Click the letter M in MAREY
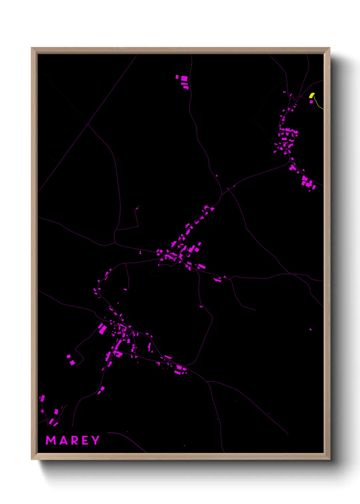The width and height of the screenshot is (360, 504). pyautogui.click(x=51, y=440)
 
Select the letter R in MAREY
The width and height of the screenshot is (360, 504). pyautogui.click(x=73, y=440)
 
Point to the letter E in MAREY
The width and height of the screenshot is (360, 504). pyautogui.click(x=84, y=440)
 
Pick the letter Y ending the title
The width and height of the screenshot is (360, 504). pyautogui.click(x=95, y=440)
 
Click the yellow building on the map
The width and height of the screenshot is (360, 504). pyautogui.click(x=312, y=95)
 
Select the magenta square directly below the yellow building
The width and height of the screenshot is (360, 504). pyautogui.click(x=311, y=101)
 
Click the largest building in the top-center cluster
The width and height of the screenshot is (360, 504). pyautogui.click(x=184, y=79)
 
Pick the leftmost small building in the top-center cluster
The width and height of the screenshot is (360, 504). pyautogui.click(x=177, y=77)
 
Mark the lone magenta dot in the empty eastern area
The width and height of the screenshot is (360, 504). pyautogui.click(x=310, y=329)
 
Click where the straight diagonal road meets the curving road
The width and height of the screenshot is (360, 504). pyautogui.click(x=88, y=124)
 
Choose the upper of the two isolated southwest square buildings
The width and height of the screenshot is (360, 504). pyautogui.click(x=68, y=357)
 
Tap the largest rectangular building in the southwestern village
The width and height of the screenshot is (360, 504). pyautogui.click(x=102, y=329)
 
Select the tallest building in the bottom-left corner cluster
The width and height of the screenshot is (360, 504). pyautogui.click(x=43, y=398)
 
